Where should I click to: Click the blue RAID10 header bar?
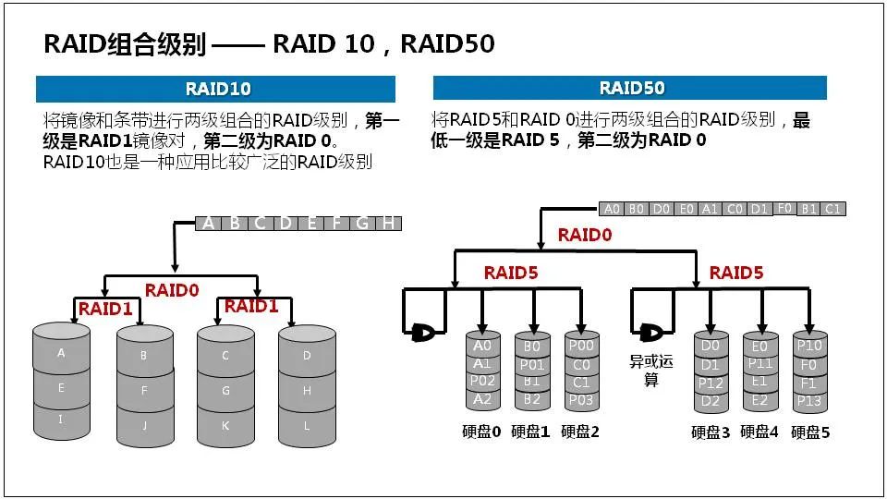coord(215,89)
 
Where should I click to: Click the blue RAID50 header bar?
coord(630,89)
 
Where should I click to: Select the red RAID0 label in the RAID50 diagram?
coord(585,235)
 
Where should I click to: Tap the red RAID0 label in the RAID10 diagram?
coord(172,289)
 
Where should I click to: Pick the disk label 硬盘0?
coord(480,431)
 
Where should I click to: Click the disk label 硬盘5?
coord(810,432)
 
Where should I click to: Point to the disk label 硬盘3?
coord(710,432)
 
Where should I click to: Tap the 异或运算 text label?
coord(651,370)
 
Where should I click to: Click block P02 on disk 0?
coord(481,381)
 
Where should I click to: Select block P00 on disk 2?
coord(581,346)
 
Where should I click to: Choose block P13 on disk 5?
coord(809,400)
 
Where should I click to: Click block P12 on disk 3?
coord(710,382)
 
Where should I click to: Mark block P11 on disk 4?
coord(759,363)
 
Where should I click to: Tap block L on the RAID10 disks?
coord(307,425)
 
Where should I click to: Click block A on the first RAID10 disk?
coord(61,353)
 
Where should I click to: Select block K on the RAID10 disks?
coord(225,425)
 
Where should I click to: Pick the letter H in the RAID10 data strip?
coord(389,223)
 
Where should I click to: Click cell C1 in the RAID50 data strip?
coord(832,209)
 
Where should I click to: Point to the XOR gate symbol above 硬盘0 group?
coord(425,330)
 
